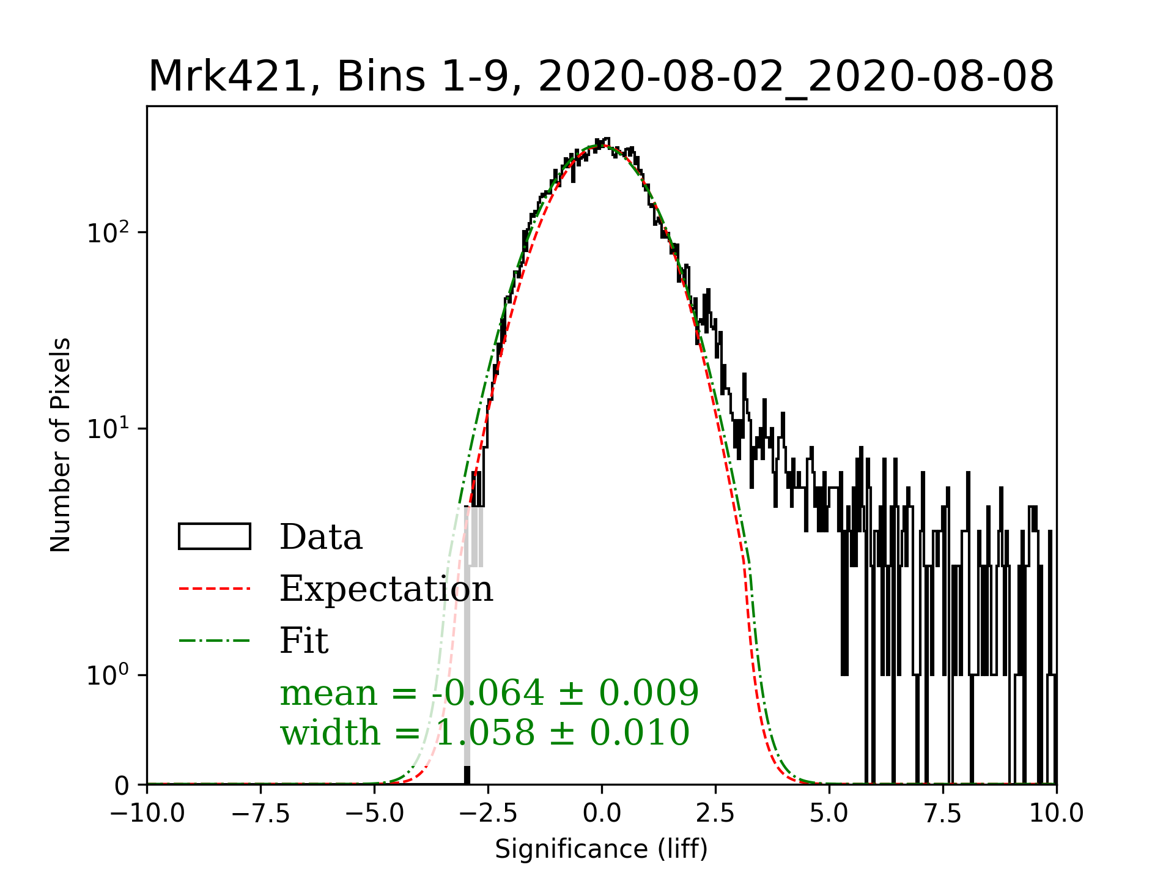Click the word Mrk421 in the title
(227, 77)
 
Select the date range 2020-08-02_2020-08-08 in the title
(796, 77)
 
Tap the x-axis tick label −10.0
(147, 814)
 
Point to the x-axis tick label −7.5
(261, 814)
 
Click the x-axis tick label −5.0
(375, 814)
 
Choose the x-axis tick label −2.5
(489, 814)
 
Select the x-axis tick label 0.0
(602, 814)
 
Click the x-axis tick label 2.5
(715, 814)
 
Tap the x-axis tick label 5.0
(829, 814)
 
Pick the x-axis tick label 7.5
(943, 814)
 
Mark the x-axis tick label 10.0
(1057, 814)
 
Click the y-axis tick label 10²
(108, 233)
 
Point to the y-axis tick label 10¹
(108, 429)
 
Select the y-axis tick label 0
(122, 786)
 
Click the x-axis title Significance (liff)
(601, 849)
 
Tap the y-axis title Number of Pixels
(61, 445)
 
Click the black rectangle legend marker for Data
(215, 537)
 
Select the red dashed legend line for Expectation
(215, 589)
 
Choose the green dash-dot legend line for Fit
(215, 641)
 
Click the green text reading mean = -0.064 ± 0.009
(489, 693)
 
